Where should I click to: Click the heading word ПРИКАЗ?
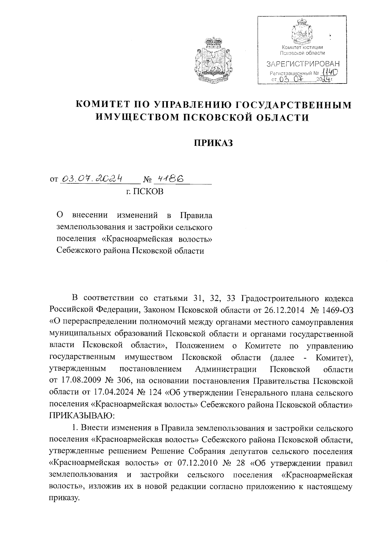[214, 143]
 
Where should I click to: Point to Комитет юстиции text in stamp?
[302, 48]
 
